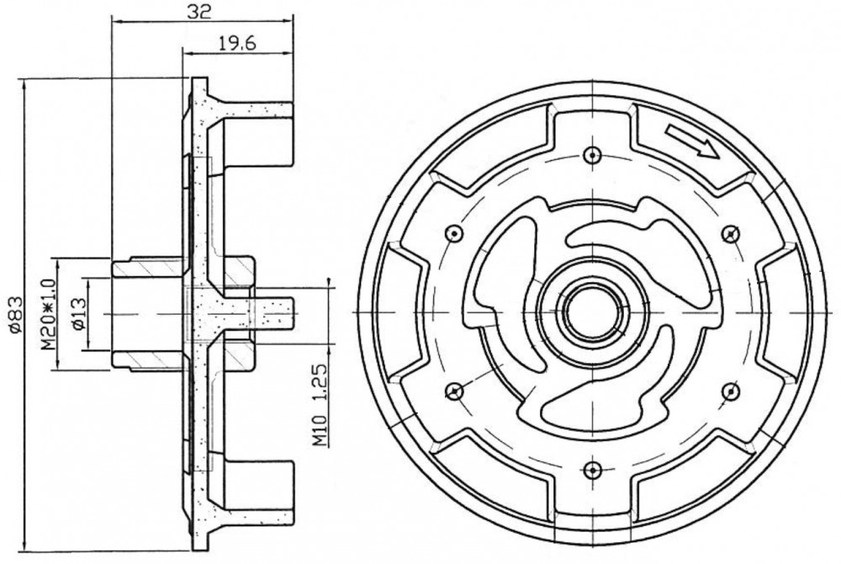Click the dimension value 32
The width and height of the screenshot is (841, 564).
199,12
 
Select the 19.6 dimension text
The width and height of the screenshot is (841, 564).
237,43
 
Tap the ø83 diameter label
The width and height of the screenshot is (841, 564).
15,315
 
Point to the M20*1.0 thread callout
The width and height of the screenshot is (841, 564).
49,314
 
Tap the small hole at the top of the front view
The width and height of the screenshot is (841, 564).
590,155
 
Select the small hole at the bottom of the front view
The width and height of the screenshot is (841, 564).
590,470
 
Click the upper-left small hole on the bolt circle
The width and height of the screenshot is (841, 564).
454,233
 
